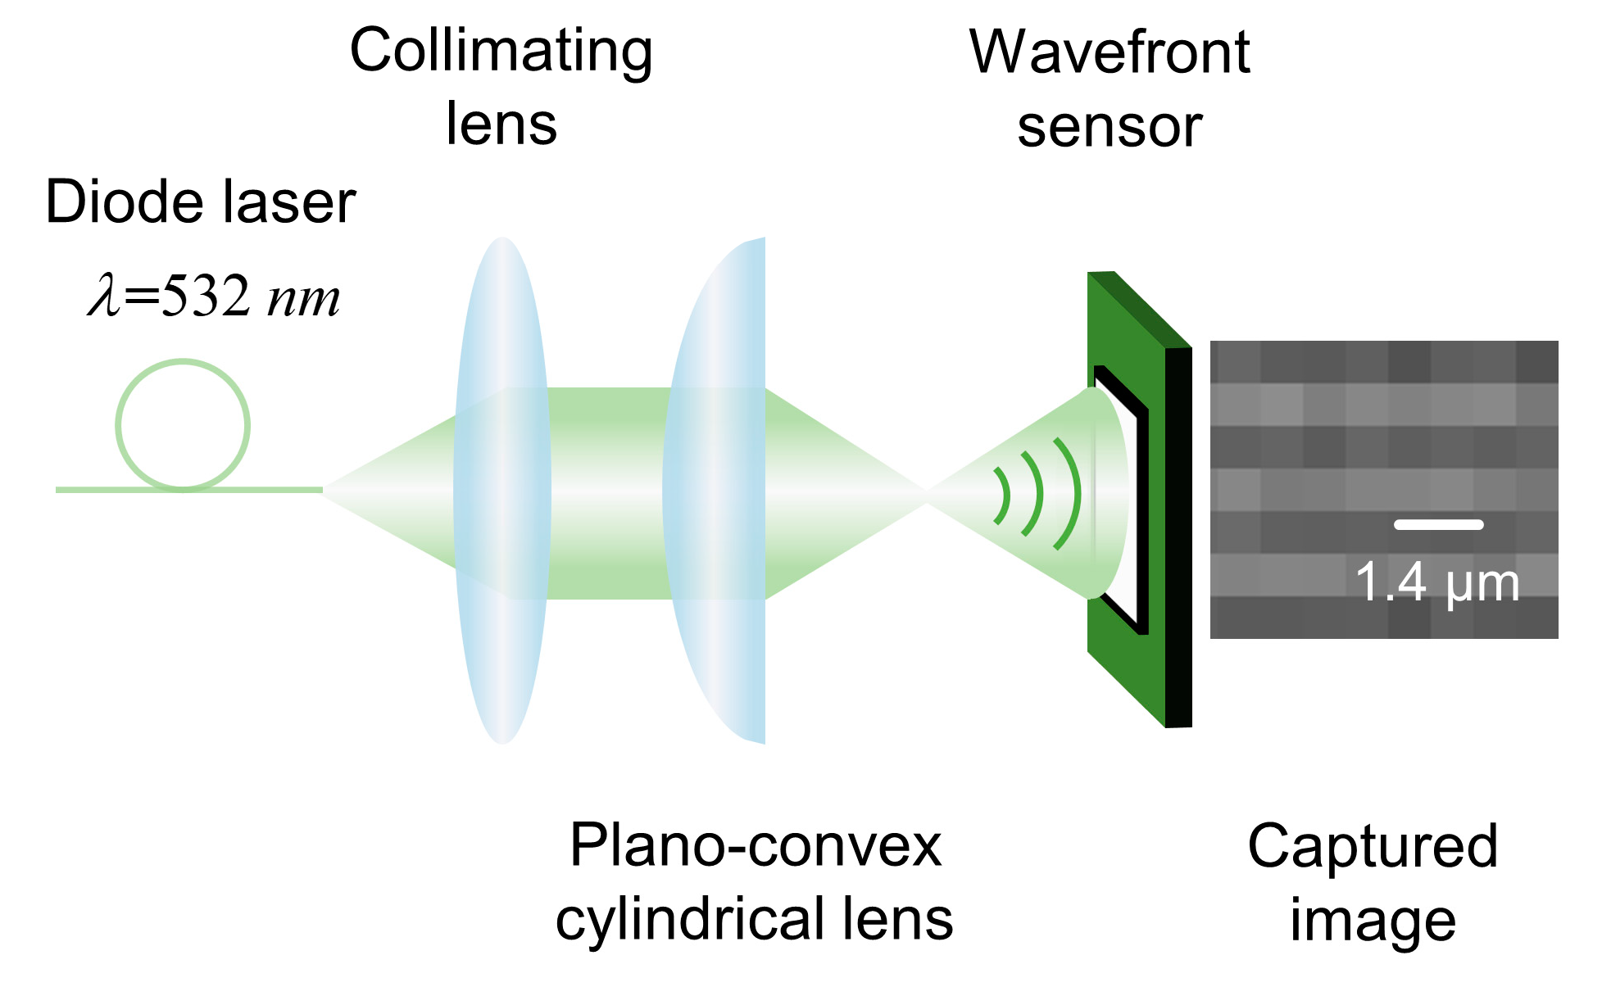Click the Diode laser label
(x=200, y=202)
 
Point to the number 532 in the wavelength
(x=205, y=297)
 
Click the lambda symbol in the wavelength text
(x=104, y=297)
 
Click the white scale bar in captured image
(x=1438, y=525)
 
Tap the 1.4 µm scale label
(x=1437, y=583)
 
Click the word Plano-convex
(x=755, y=846)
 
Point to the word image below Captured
(x=1373, y=921)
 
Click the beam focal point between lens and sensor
(x=926, y=492)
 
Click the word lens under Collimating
(x=501, y=125)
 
